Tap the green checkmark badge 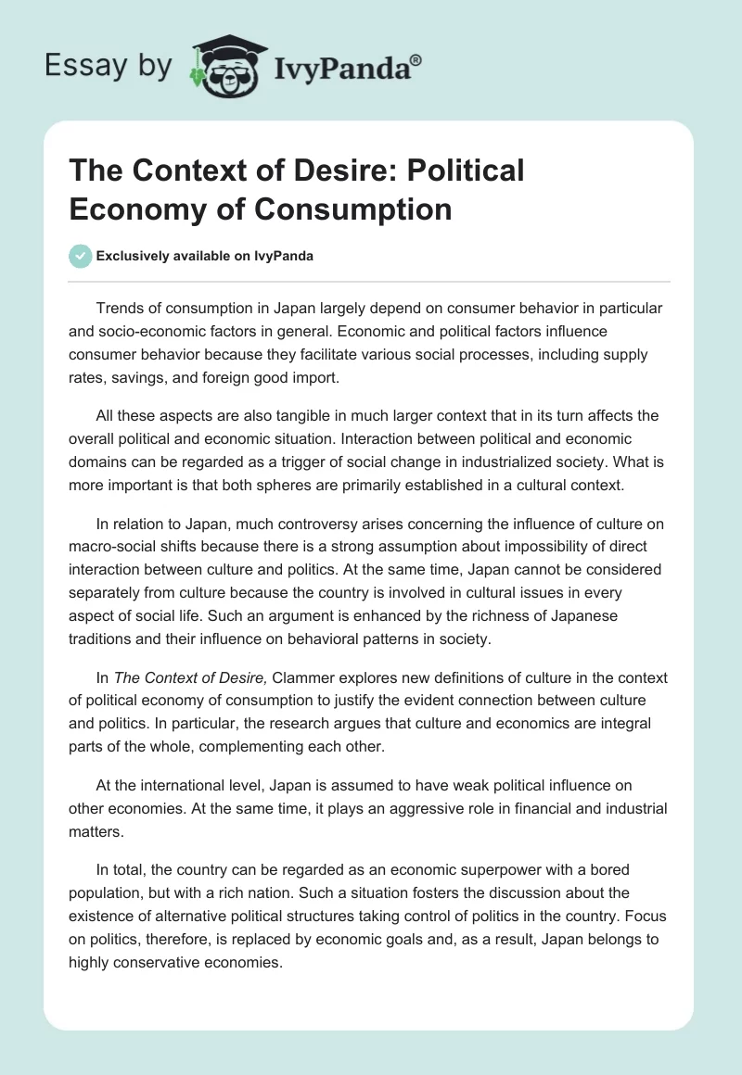coord(81,256)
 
